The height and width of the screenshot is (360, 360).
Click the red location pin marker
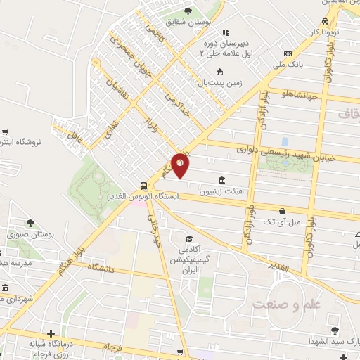[180, 165]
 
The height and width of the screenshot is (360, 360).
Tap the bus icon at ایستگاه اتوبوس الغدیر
[144, 186]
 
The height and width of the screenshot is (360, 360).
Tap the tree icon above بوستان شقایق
[188, 11]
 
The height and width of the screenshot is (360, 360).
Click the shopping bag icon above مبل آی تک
[282, 210]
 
